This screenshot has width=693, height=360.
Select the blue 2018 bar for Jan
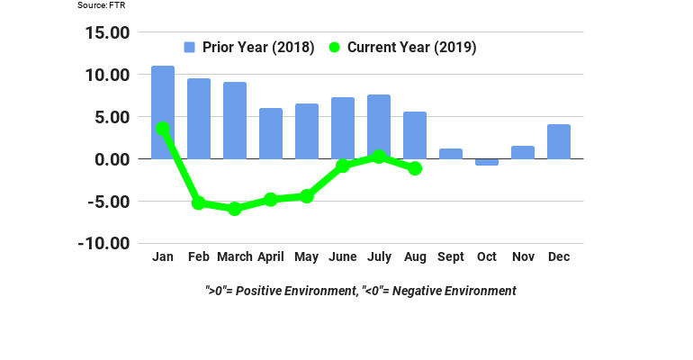(163, 99)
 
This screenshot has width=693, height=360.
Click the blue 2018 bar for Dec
(559, 141)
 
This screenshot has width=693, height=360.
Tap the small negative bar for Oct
(487, 162)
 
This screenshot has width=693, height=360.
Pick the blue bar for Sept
(451, 154)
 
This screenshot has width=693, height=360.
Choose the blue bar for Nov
(523, 152)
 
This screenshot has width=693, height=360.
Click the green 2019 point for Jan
(163, 129)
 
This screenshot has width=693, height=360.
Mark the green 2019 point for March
(235, 209)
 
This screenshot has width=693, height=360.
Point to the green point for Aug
(415, 168)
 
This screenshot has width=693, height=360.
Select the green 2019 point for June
(343, 166)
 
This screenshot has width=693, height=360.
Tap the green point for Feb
(199, 203)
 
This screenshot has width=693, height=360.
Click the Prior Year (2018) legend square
(190, 48)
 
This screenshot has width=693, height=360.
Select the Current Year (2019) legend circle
(335, 48)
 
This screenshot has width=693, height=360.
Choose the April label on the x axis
(271, 257)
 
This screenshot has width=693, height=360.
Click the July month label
(379, 257)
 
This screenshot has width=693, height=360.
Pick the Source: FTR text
(100, 5)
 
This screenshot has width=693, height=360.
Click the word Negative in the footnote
(418, 291)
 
